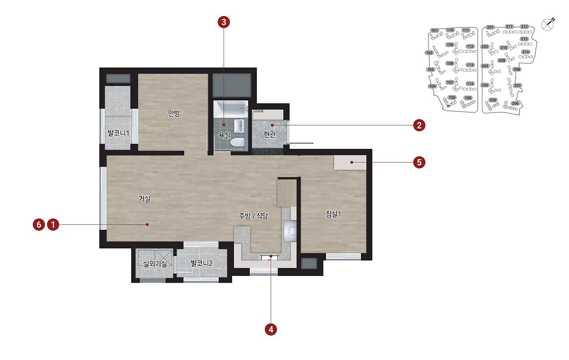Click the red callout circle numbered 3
pyautogui.click(x=224, y=22)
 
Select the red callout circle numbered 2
pyautogui.click(x=419, y=125)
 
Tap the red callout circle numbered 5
pyautogui.click(x=419, y=162)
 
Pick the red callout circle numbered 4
pyautogui.click(x=271, y=329)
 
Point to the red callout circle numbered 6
pyautogui.click(x=39, y=225)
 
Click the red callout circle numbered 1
pyautogui.click(x=53, y=225)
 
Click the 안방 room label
pyautogui.click(x=174, y=113)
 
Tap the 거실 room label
pyautogui.click(x=144, y=199)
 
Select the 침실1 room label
pyautogui.click(x=333, y=214)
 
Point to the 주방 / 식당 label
pyautogui.click(x=253, y=216)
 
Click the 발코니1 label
pyautogui.click(x=118, y=133)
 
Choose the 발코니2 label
pyautogui.click(x=201, y=263)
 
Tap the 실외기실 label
pyautogui.click(x=155, y=264)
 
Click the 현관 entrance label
pyautogui.click(x=269, y=134)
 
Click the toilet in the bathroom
pyautogui.click(x=237, y=142)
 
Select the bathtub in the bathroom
pyautogui.click(x=230, y=109)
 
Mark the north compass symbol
pyautogui.click(x=548, y=24)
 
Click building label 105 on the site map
pyautogui.click(x=452, y=97)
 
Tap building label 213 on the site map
pyautogui.click(x=524, y=39)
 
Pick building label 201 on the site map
pyautogui.click(x=490, y=27)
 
